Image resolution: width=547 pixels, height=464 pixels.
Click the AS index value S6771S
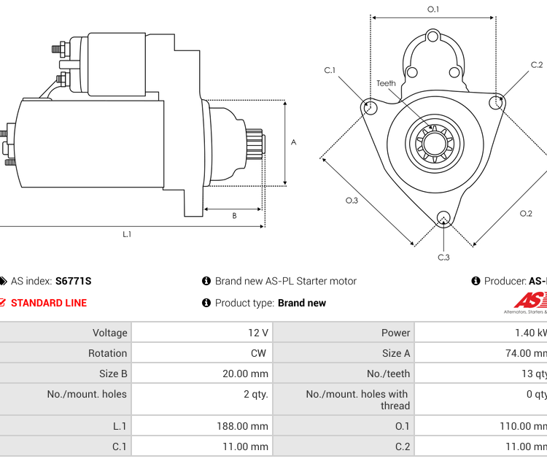[73, 281]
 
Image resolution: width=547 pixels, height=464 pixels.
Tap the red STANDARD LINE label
[48, 303]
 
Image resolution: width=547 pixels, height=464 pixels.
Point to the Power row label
[395, 333]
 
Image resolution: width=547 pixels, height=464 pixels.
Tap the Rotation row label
[107, 353]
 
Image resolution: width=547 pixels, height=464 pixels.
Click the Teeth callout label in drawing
[386, 83]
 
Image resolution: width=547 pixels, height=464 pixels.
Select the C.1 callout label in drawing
[330, 70]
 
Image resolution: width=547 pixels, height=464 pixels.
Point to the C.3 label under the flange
[443, 257]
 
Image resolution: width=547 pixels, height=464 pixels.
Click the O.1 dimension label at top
[433, 9]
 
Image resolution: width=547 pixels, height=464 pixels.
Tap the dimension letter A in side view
[293, 142]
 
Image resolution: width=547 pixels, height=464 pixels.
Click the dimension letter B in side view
[234, 215]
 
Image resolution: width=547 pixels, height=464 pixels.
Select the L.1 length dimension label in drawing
[127, 233]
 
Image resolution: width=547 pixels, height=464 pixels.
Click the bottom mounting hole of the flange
[443, 217]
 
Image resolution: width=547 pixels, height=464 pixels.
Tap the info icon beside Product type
[206, 303]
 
